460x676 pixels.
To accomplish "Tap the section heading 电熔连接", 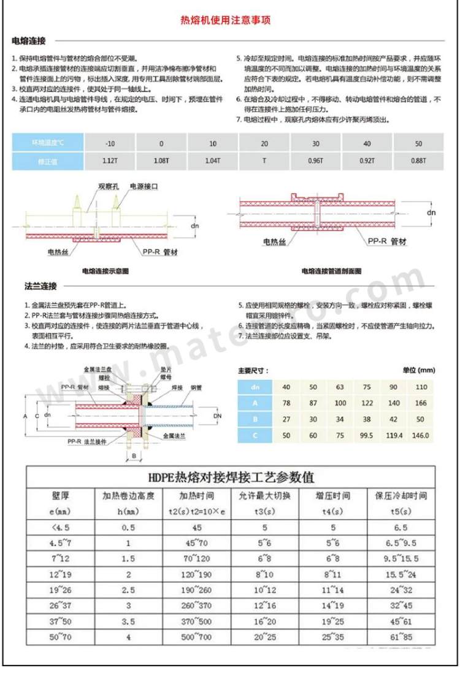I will pyautogui.click(x=29, y=41).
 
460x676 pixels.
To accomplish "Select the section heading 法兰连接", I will pyautogui.click(x=29, y=286).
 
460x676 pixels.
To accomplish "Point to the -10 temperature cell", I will pyautogui.click(x=110, y=143).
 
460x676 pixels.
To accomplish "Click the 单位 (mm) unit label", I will pyautogui.click(x=418, y=371).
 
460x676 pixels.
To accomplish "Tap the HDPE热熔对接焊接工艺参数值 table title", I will pyautogui.click(x=229, y=477).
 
